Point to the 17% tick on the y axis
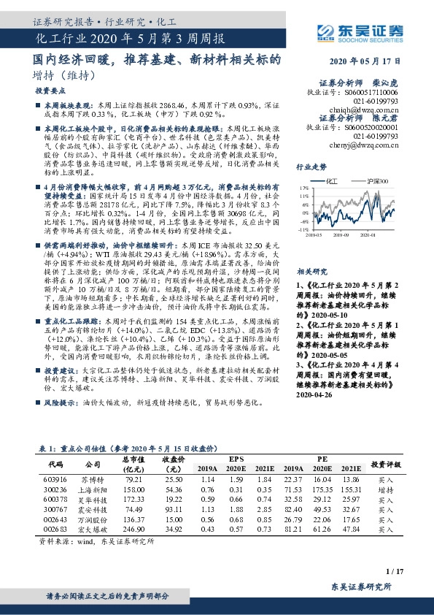coord(303,188)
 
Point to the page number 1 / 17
coord(394,570)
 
